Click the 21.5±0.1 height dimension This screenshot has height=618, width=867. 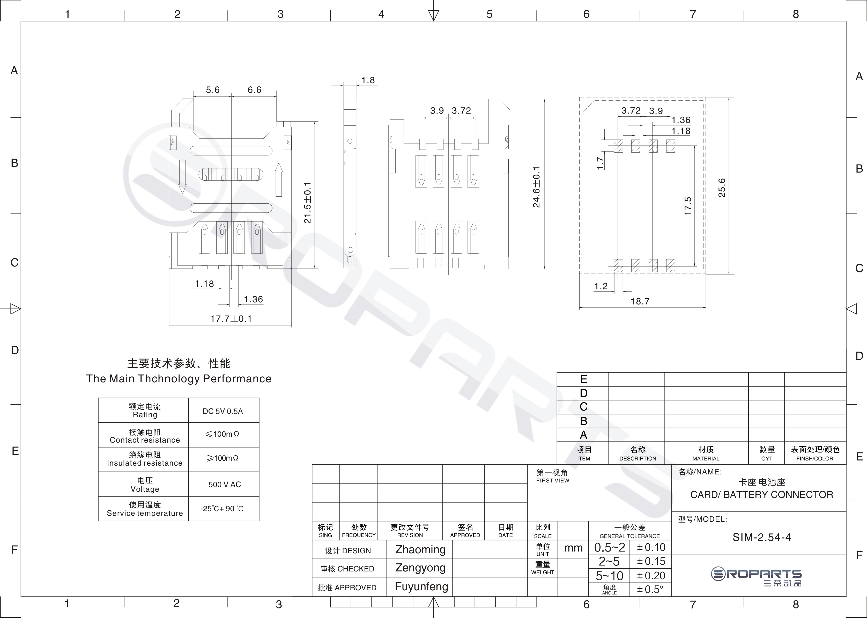[308, 203]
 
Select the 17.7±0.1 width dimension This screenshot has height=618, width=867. [231, 318]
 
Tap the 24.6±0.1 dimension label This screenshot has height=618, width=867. [536, 187]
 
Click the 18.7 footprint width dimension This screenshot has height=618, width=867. [640, 301]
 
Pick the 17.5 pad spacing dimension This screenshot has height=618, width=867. [688, 206]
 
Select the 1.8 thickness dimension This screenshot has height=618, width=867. [368, 80]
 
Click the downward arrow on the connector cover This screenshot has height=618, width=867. [182, 177]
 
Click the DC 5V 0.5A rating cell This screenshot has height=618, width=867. [223, 411]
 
